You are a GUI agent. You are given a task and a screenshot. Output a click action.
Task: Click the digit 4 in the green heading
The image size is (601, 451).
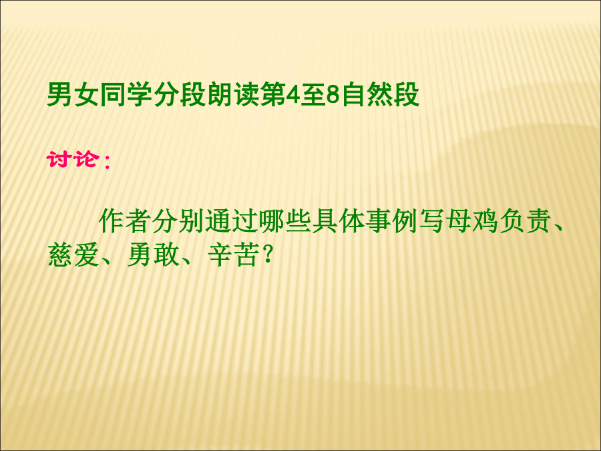pos(293,95)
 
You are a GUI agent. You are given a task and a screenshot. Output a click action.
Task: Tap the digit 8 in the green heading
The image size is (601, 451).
pos(333,95)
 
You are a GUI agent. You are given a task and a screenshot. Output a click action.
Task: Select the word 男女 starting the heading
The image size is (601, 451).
pos(73,95)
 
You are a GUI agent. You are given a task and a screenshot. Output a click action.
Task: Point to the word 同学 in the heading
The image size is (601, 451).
pos(126,95)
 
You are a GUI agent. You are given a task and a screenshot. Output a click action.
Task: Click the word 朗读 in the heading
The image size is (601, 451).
pos(232,95)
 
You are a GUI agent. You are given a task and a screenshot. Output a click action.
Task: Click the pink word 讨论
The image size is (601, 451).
pos(72,158)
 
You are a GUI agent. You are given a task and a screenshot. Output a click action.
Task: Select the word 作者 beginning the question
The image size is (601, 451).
pos(124,221)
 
